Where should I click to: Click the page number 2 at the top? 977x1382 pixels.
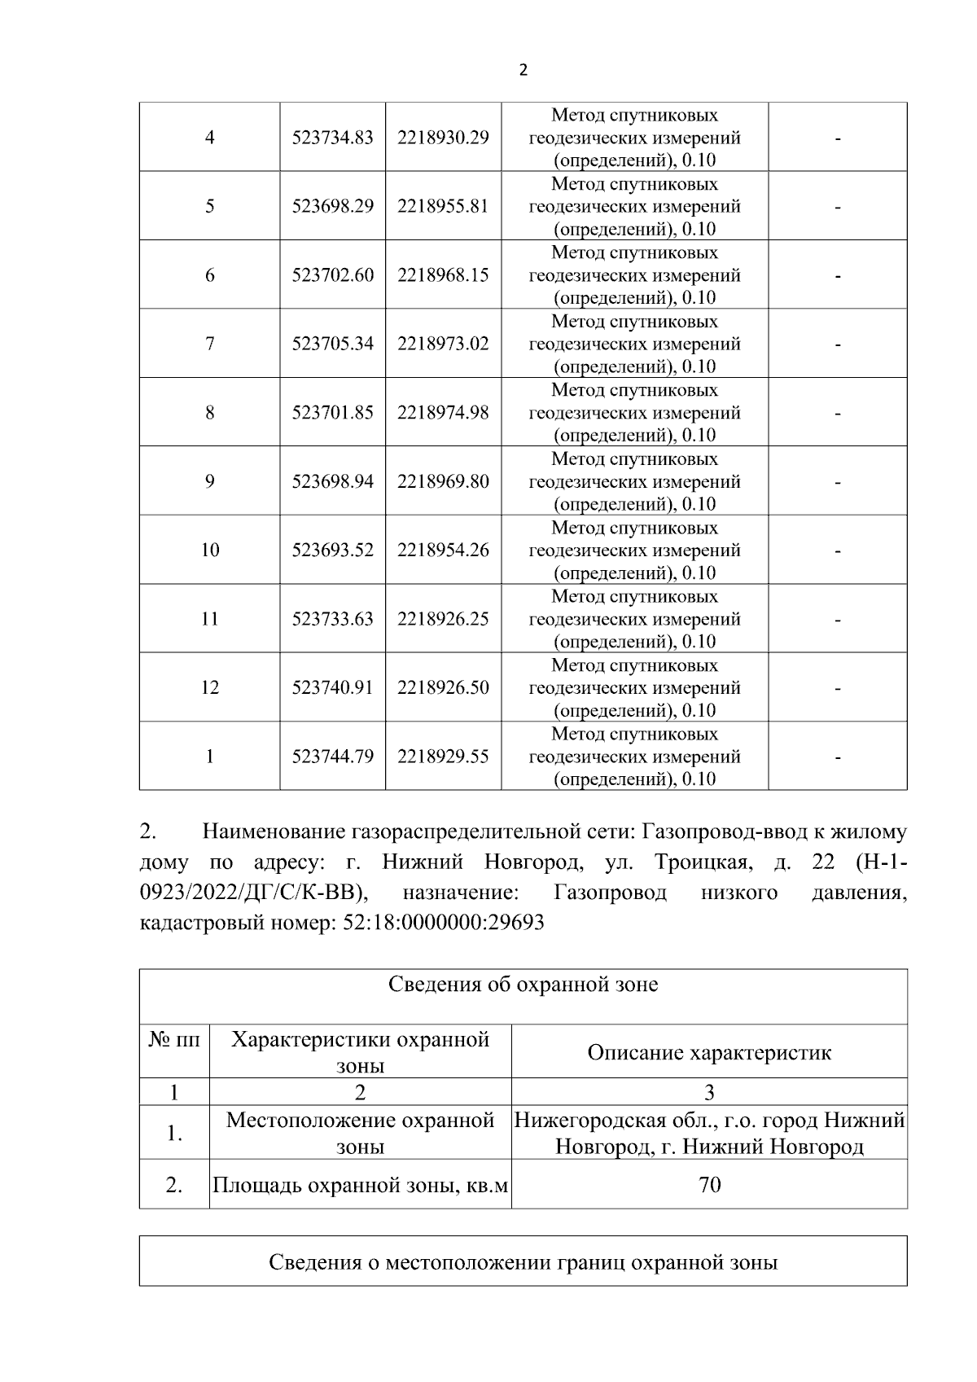[523, 70]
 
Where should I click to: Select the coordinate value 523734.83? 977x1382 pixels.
[332, 138]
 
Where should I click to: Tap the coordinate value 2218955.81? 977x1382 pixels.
[443, 206]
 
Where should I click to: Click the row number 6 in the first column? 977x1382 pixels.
[209, 275]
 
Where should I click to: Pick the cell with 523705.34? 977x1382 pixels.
[332, 344]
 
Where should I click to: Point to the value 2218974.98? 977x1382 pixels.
[443, 413]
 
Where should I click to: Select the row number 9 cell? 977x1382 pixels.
[209, 481]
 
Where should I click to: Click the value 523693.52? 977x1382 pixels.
[332, 551]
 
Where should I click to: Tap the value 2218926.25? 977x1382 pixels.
[443, 619]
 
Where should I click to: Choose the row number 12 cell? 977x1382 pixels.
[209, 687]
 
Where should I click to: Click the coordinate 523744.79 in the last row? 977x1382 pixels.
[332, 757]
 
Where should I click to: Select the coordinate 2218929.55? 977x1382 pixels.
[443, 757]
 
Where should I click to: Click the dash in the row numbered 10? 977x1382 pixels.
[837, 551]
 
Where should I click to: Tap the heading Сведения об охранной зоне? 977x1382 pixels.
[523, 985]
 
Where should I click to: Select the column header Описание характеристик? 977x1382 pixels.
[709, 1052]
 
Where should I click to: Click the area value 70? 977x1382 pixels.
[709, 1185]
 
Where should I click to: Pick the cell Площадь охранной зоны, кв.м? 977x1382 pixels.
[360, 1185]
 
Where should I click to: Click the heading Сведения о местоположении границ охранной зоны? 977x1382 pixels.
[523, 1262]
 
